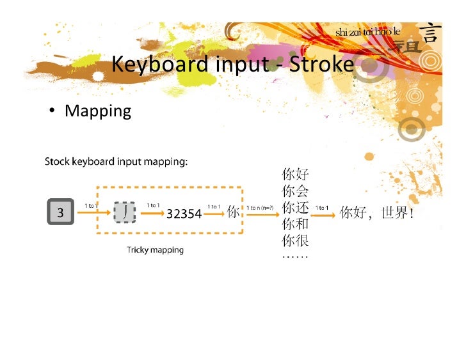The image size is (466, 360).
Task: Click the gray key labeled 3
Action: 61,212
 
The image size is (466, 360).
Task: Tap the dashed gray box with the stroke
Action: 124,212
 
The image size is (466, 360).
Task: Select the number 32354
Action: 184,214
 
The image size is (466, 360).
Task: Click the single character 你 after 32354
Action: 234,212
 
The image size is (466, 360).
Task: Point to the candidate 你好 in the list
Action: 295,174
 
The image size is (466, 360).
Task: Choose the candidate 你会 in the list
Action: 295,191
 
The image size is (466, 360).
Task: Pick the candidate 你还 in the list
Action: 295,207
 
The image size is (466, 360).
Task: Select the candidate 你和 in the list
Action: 295,224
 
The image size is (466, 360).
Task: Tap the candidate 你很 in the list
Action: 295,240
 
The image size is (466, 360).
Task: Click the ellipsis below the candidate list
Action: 294,256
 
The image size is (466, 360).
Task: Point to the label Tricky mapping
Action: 154,250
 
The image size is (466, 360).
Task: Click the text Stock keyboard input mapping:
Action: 116,161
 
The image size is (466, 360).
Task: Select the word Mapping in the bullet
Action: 98,111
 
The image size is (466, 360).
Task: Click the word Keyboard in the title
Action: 159,64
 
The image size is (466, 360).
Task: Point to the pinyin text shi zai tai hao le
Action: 367,32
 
